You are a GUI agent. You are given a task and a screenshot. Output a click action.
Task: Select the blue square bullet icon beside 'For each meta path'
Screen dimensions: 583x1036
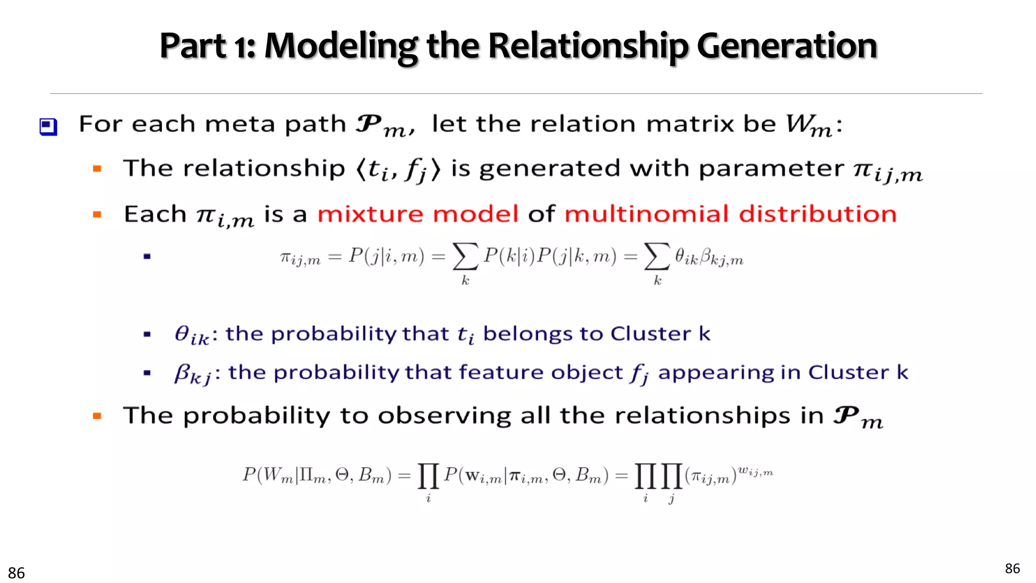(x=49, y=127)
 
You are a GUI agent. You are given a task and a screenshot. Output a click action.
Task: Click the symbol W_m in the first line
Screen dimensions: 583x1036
(x=808, y=125)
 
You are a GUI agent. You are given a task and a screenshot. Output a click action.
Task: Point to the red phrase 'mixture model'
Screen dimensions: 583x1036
(x=418, y=214)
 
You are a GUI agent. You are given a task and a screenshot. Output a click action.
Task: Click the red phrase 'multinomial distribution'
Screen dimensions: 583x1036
(x=730, y=214)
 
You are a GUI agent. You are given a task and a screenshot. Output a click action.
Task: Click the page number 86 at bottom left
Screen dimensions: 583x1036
(x=16, y=573)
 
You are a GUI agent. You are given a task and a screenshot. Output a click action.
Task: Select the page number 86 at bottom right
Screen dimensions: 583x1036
(x=1012, y=568)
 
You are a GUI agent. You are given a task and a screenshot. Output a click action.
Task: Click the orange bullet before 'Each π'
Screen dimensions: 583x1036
(x=97, y=215)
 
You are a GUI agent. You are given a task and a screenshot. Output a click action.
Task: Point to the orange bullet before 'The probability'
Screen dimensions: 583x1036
(x=97, y=416)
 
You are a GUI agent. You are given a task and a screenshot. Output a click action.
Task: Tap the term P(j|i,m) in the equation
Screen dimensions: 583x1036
(x=386, y=257)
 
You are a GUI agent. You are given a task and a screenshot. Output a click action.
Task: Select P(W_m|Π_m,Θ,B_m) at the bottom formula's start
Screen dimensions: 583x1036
(x=317, y=476)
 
